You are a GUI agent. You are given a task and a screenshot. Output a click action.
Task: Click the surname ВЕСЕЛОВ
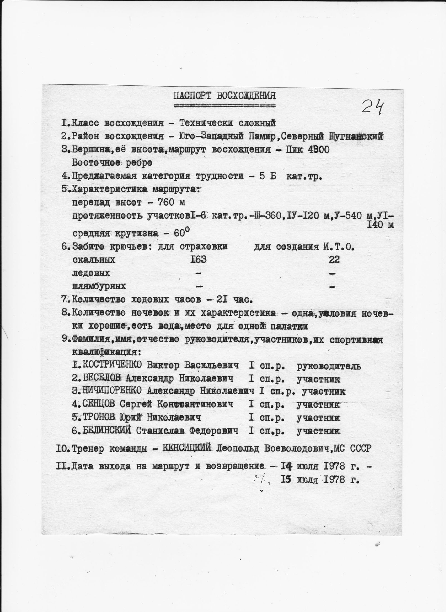tap(102, 378)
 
